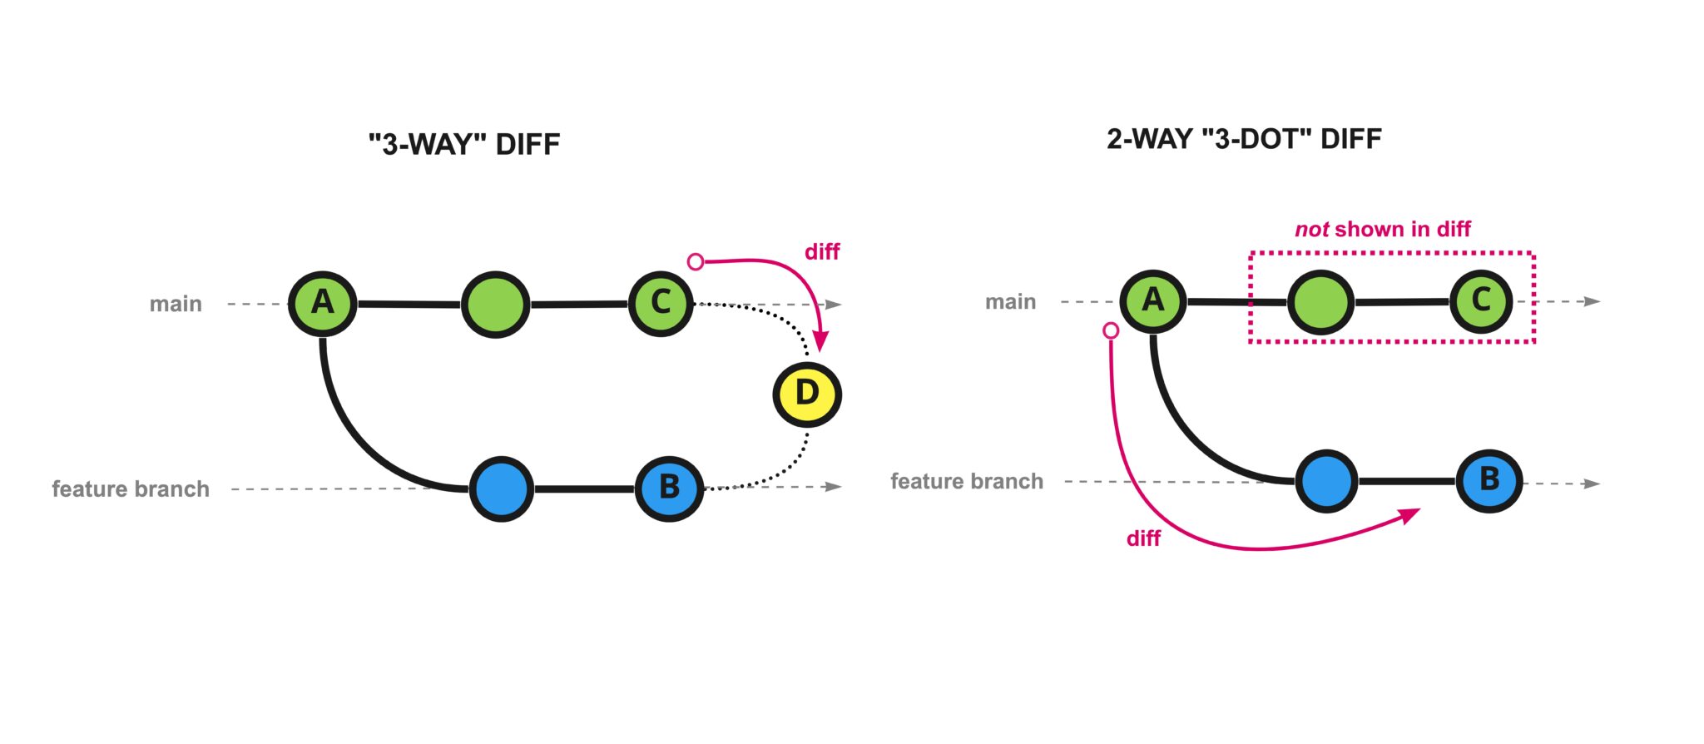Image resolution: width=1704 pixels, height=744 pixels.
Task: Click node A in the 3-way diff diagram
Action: click(x=323, y=303)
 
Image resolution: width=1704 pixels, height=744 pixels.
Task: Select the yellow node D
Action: click(x=807, y=394)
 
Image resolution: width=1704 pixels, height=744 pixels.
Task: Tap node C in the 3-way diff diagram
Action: click(x=661, y=303)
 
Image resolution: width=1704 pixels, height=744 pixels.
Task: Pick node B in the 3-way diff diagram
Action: click(x=669, y=489)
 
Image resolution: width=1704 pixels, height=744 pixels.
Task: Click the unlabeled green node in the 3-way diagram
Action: click(x=495, y=305)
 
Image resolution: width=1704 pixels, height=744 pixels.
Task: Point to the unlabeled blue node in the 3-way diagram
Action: click(x=501, y=489)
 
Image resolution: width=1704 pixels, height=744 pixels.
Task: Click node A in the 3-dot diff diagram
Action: click(x=1152, y=300)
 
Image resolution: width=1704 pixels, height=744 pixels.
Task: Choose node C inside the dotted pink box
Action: click(x=1481, y=300)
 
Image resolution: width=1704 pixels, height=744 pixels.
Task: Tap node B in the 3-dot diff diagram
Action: click(x=1489, y=481)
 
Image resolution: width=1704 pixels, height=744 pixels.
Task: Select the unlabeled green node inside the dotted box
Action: click(x=1320, y=302)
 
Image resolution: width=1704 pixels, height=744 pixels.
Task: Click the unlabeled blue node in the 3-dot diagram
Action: click(x=1326, y=481)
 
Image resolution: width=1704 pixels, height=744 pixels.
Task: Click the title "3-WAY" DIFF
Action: click(x=464, y=145)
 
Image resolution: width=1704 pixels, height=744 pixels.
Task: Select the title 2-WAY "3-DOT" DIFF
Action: click(x=1244, y=139)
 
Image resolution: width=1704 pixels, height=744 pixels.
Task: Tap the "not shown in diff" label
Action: click(x=1383, y=229)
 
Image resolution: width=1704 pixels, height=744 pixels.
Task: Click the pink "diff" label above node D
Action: click(x=822, y=252)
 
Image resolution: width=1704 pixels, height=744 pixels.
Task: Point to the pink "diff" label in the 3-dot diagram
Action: click(x=1143, y=539)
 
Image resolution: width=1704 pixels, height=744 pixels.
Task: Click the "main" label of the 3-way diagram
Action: click(x=176, y=304)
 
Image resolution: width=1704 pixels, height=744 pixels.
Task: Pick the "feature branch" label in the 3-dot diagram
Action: click(x=967, y=481)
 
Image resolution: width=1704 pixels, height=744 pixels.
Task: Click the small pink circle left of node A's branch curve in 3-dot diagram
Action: click(x=1111, y=330)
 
